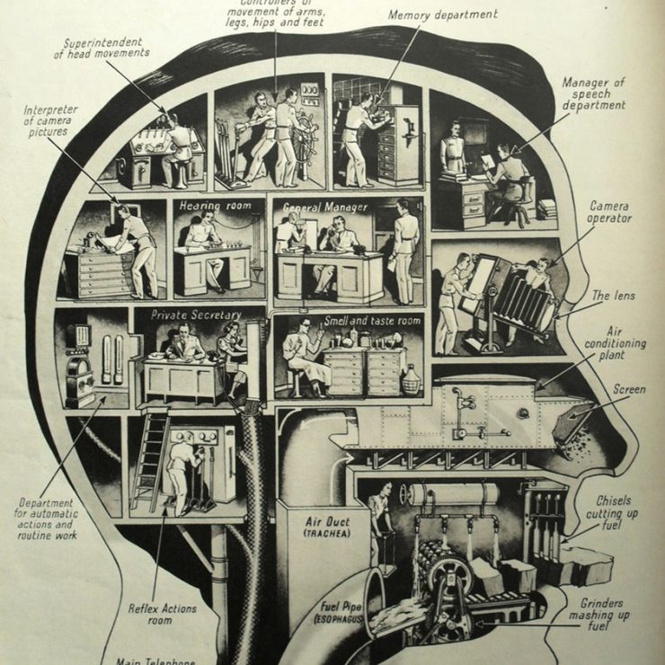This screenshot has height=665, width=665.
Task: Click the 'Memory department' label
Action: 442,15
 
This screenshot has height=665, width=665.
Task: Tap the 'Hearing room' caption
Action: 212,205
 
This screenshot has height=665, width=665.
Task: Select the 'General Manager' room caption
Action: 324,207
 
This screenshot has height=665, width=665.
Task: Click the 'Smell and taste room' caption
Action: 349,322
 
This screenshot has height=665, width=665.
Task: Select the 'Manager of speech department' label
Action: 593,94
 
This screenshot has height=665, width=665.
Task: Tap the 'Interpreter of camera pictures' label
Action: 50,121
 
